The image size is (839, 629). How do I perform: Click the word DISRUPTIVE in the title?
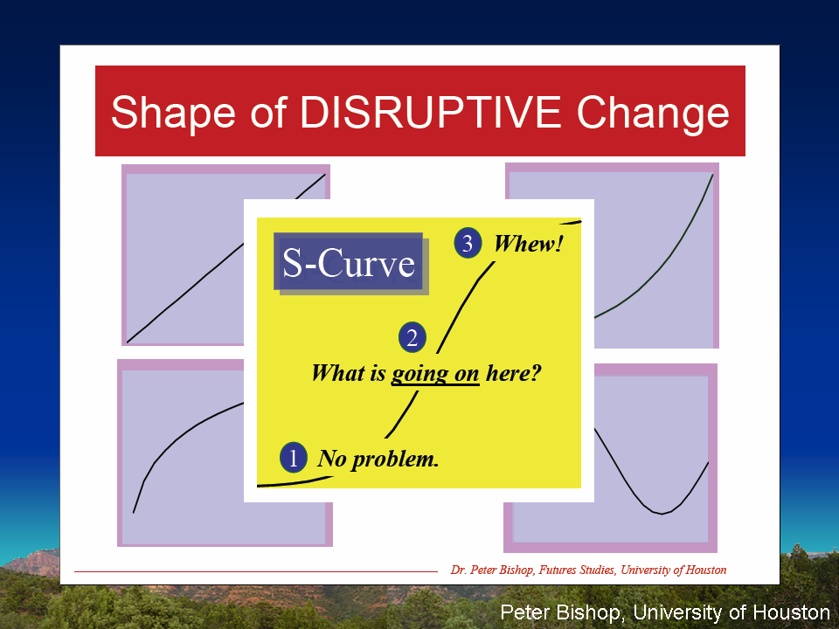coord(431,113)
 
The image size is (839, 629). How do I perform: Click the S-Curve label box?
coord(349,261)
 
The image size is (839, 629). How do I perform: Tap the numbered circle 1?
coord(294,458)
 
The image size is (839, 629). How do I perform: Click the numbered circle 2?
coord(412,337)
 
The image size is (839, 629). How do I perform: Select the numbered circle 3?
coord(468,244)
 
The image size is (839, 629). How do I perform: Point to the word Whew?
coord(528,244)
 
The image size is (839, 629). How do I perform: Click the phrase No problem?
coord(378,459)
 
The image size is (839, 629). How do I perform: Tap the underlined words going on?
coord(435,373)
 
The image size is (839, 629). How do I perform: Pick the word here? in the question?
coord(514,373)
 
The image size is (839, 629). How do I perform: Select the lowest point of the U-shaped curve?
coord(662,514)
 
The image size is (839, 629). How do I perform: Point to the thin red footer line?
coord(256,571)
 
